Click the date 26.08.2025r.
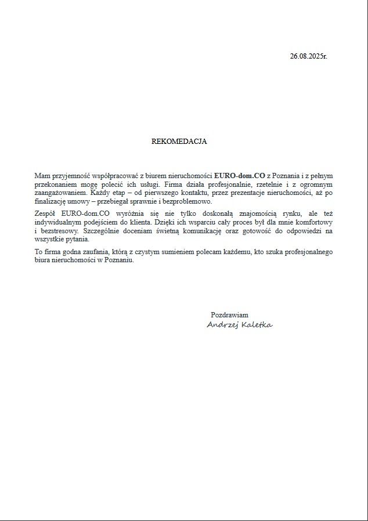coord(308,56)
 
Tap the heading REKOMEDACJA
coord(179,142)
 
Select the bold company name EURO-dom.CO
coord(240,175)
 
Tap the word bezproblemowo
coord(187,201)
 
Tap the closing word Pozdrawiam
coord(229,315)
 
